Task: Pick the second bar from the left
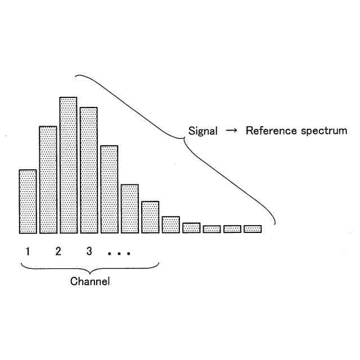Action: pyautogui.click(x=48, y=179)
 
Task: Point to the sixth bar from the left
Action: pyautogui.click(x=129, y=208)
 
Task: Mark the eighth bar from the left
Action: pyautogui.click(x=170, y=224)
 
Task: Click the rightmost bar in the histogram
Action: pyautogui.click(x=253, y=229)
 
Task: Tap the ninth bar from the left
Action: pyautogui.click(x=191, y=228)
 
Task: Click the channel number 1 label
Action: pyautogui.click(x=27, y=251)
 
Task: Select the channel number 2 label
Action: pyautogui.click(x=58, y=251)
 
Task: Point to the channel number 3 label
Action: pyautogui.click(x=89, y=251)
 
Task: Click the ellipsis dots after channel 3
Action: pyautogui.click(x=119, y=254)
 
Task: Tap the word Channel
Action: pyautogui.click(x=90, y=281)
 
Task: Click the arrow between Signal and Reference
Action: pyautogui.click(x=231, y=131)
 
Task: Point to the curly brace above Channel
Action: pyautogui.click(x=90, y=266)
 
